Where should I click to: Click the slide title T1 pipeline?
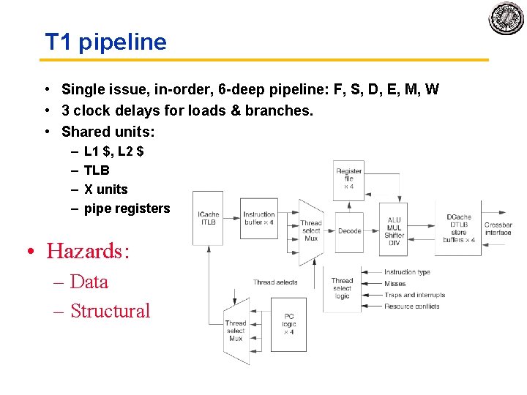click(x=106, y=42)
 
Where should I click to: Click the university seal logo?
click(x=507, y=18)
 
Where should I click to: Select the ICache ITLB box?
click(x=208, y=219)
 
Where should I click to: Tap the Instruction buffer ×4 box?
click(x=259, y=219)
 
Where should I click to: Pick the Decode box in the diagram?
click(x=349, y=231)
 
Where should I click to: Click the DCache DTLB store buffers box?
click(x=459, y=228)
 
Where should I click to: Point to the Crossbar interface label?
click(x=498, y=228)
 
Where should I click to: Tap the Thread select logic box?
click(x=342, y=289)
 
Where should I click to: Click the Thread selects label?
click(x=275, y=282)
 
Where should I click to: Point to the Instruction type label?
click(x=407, y=272)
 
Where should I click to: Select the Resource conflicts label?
click(x=412, y=306)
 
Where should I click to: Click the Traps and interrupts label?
click(x=414, y=295)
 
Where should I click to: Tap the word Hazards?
click(x=88, y=251)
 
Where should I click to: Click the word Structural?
click(x=111, y=311)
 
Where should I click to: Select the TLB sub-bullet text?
click(x=97, y=170)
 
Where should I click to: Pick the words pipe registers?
click(x=127, y=208)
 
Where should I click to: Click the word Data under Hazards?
click(x=89, y=282)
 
